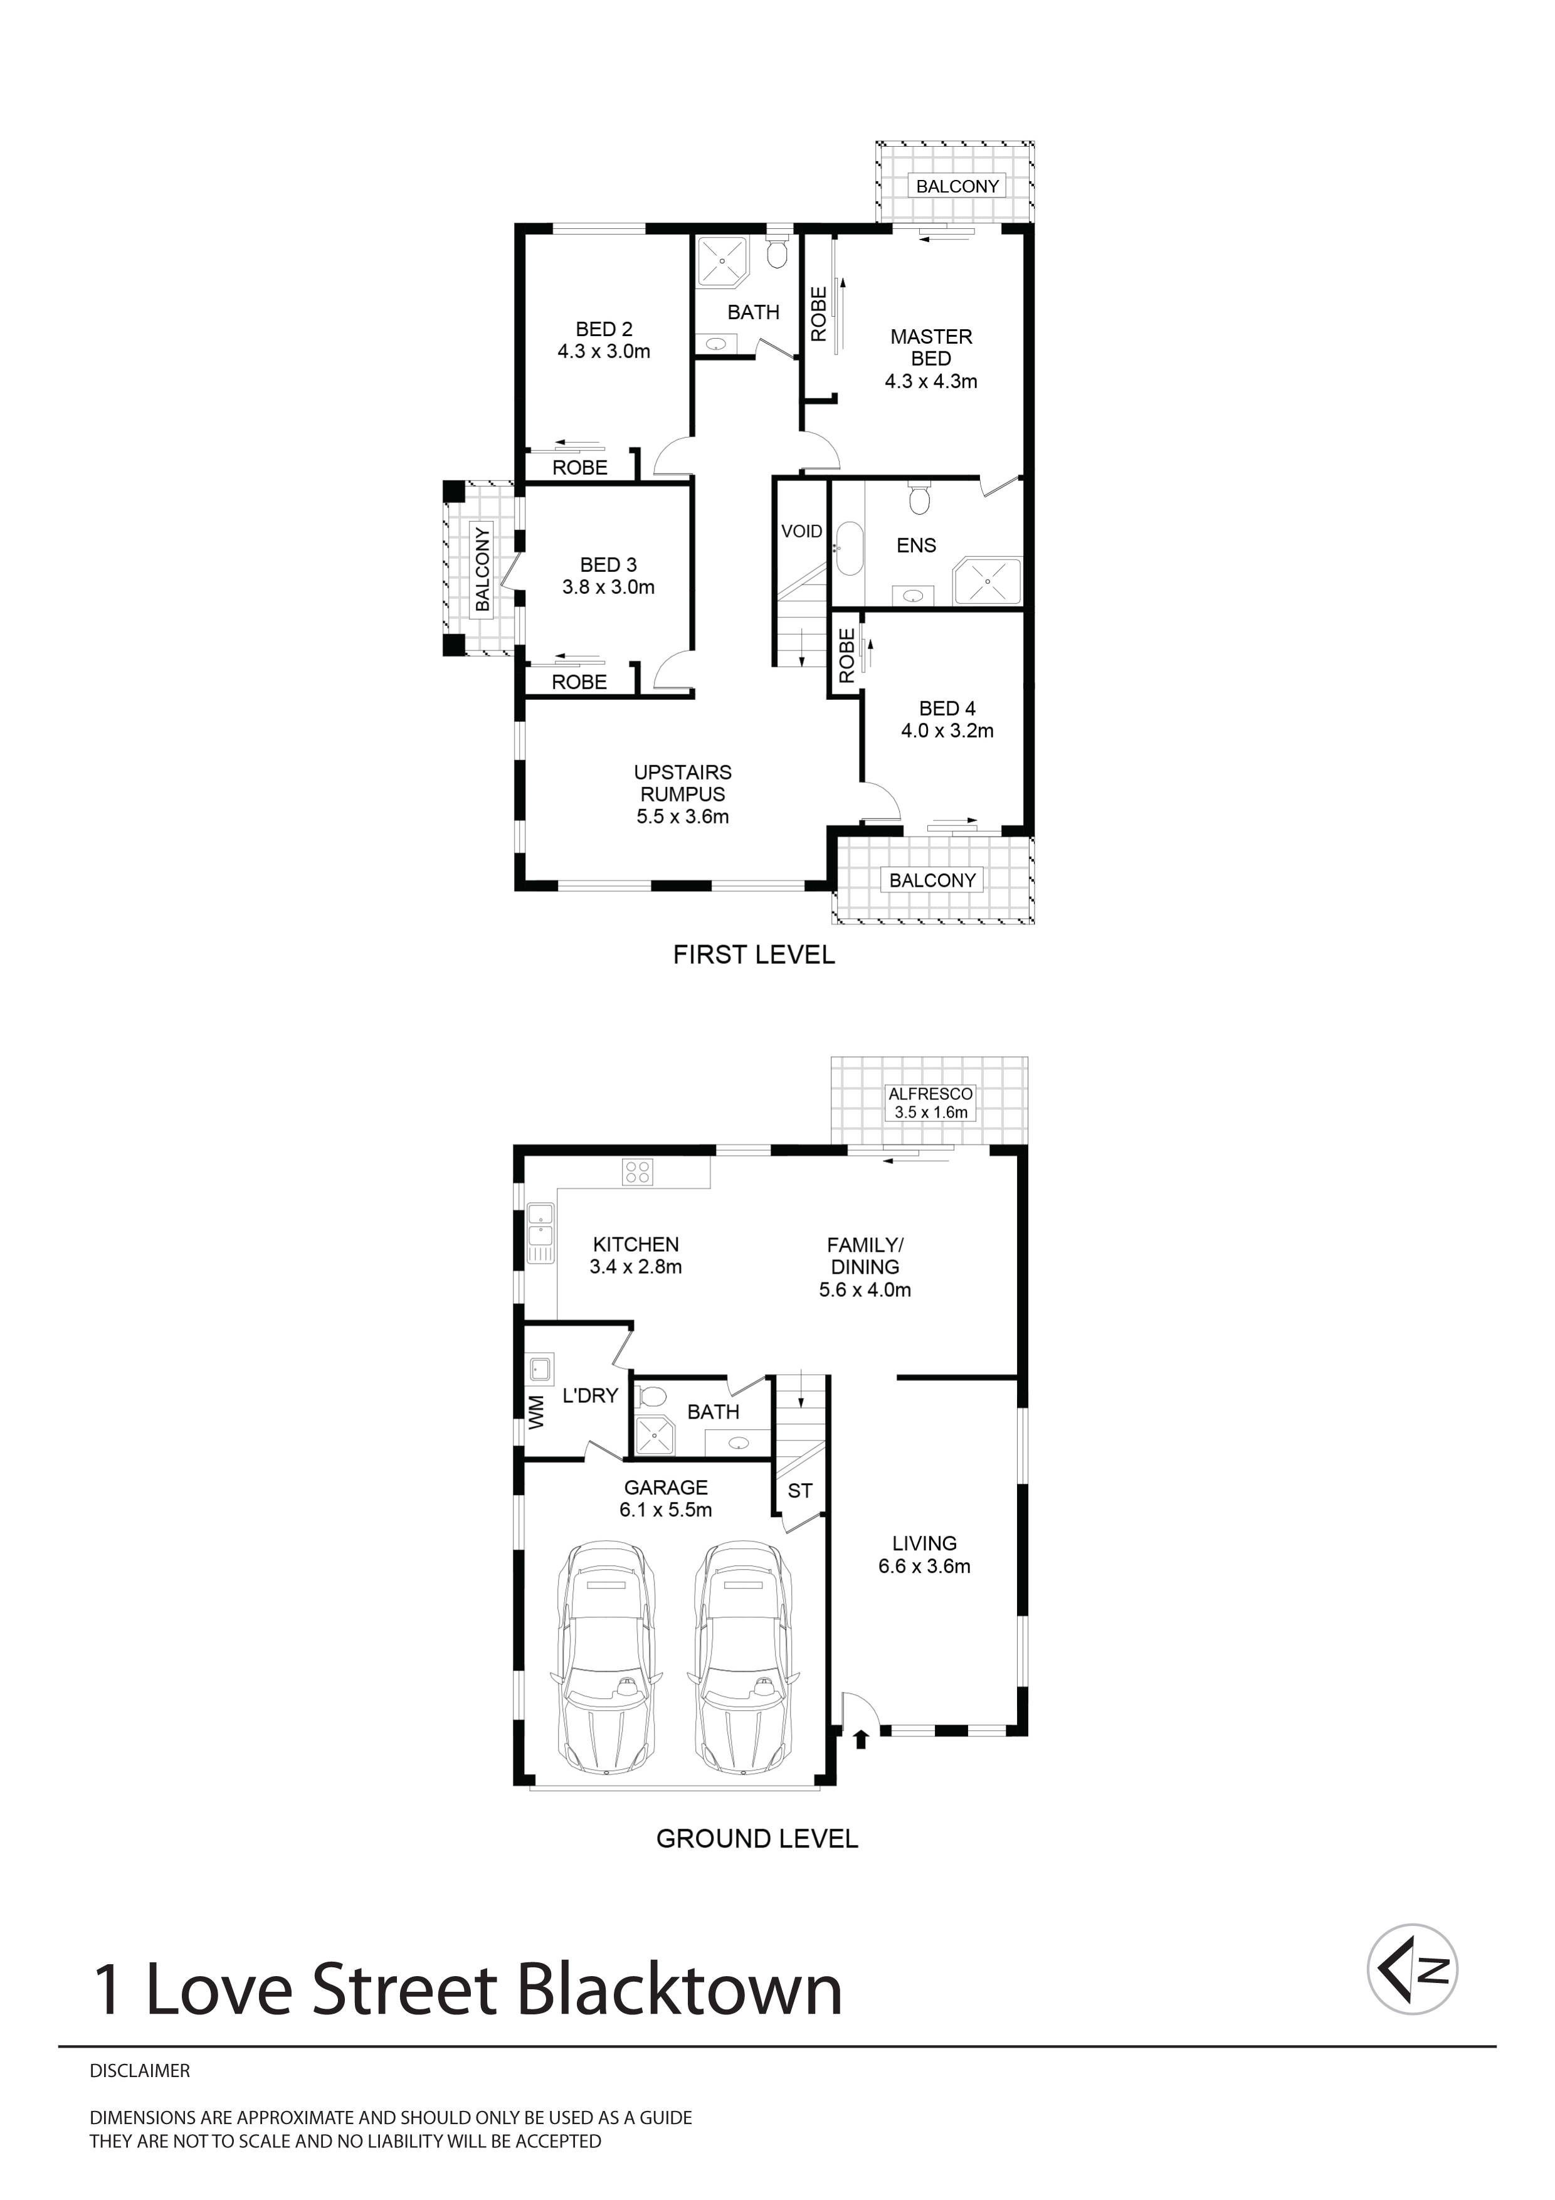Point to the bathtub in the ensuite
pyautogui.click(x=849, y=548)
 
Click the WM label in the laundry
pyautogui.click(x=537, y=1412)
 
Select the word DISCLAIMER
pyautogui.click(x=140, y=2071)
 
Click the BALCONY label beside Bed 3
pyautogui.click(x=482, y=568)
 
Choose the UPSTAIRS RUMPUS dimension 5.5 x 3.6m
pyautogui.click(x=682, y=817)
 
